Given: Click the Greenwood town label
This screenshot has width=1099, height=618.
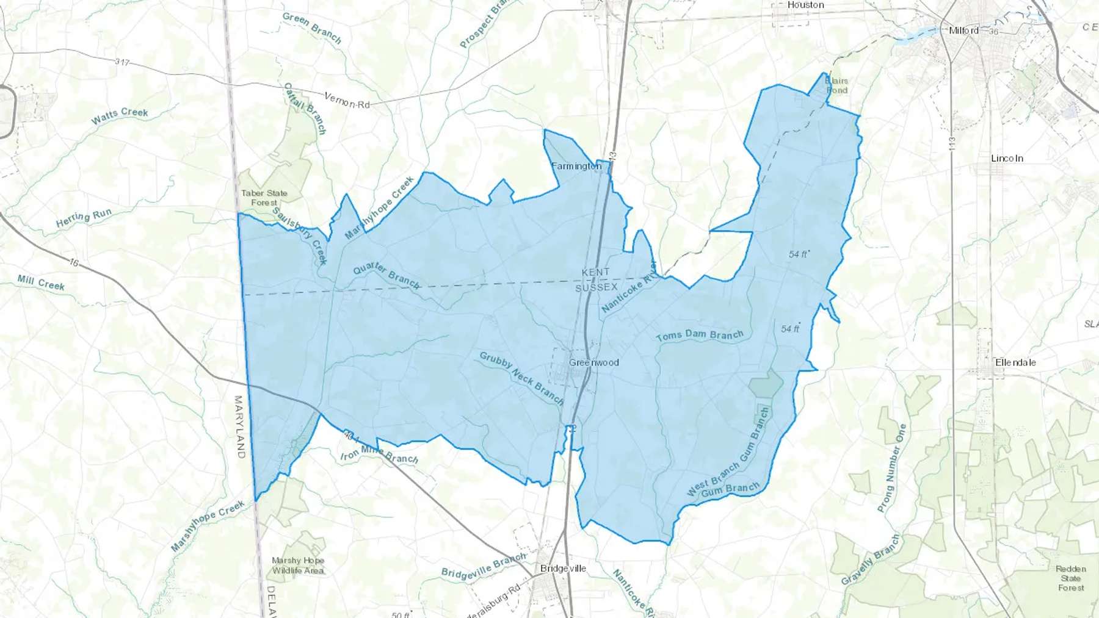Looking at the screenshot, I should [x=593, y=362].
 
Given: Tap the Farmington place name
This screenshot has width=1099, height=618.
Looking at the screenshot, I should [x=576, y=166].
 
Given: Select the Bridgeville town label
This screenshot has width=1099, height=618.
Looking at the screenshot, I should [x=563, y=569].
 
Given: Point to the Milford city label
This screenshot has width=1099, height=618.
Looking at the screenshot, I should [x=963, y=31].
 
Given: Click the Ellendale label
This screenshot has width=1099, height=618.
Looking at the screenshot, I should [x=1015, y=362].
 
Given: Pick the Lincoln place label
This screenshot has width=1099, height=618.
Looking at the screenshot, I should [x=1007, y=158].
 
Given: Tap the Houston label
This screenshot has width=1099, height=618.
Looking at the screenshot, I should [x=805, y=5].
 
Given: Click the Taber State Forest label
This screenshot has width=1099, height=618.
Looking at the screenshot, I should [x=264, y=198].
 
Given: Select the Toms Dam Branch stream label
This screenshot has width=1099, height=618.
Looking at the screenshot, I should [x=700, y=335].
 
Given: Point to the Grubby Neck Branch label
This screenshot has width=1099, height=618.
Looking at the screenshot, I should [x=521, y=378].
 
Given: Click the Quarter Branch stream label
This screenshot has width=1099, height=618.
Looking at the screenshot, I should [x=386, y=275].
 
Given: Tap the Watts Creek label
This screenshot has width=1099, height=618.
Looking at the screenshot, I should [x=120, y=115].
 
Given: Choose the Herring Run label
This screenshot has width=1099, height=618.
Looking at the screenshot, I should [x=84, y=218].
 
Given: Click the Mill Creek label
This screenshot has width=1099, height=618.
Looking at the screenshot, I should [x=41, y=282].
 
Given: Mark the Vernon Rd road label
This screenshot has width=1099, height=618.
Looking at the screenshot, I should [x=347, y=101].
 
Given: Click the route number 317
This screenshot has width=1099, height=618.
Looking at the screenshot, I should [x=122, y=62].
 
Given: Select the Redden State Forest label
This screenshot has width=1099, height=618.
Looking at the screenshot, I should [x=1071, y=578].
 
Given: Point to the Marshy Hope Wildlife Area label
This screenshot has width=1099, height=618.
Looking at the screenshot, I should [x=298, y=566].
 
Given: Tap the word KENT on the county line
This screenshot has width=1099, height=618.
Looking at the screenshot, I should [x=595, y=272].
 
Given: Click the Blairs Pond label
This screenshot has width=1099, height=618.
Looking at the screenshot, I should [x=836, y=85].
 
